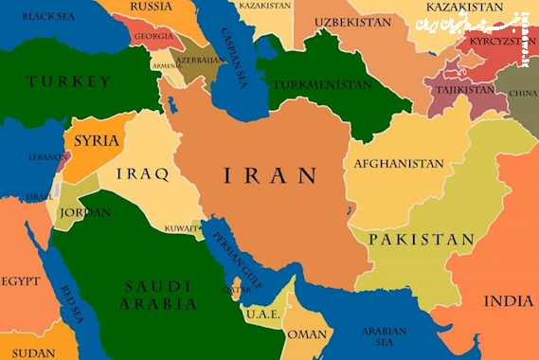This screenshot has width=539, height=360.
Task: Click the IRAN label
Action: pyautogui.click(x=269, y=175)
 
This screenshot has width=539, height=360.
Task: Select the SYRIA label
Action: pyautogui.click(x=97, y=141)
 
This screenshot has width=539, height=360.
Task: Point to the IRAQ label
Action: pyautogui.click(x=142, y=173)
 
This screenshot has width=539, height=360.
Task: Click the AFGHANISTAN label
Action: pyautogui.click(x=398, y=164)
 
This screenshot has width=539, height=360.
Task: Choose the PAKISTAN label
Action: pyautogui.click(x=421, y=240)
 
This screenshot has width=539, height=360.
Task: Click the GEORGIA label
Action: pyautogui.click(x=153, y=36)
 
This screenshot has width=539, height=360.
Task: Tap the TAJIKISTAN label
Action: pyautogui.click(x=464, y=89)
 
